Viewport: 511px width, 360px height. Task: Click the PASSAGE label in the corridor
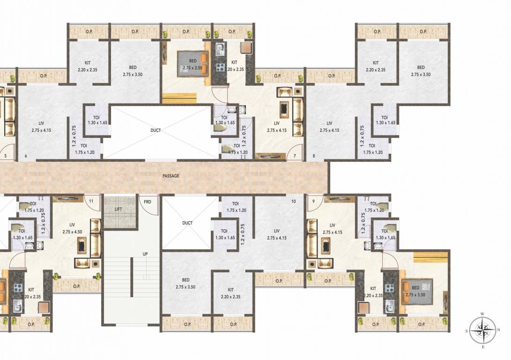pyautogui.click(x=171, y=176)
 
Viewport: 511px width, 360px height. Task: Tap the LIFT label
pyautogui.click(x=118, y=209)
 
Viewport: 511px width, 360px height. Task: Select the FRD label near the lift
pyautogui.click(x=148, y=202)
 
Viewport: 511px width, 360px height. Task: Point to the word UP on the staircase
pyautogui.click(x=145, y=254)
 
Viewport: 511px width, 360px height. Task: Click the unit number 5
pyautogui.click(x=6, y=156)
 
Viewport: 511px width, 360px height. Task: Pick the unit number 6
pyautogui.click(x=25, y=156)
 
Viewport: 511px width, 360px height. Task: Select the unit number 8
pyautogui.click(x=313, y=156)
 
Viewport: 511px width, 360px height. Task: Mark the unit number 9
pyautogui.click(x=313, y=202)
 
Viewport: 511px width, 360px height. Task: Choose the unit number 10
pyautogui.click(x=294, y=202)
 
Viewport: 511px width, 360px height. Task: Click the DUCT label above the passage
pyautogui.click(x=156, y=130)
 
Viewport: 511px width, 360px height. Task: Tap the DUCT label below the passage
pyautogui.click(x=187, y=223)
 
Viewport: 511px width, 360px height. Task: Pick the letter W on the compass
pyautogui.click(x=482, y=314)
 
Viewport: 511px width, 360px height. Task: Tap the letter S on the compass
pyautogui.click(x=467, y=331)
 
